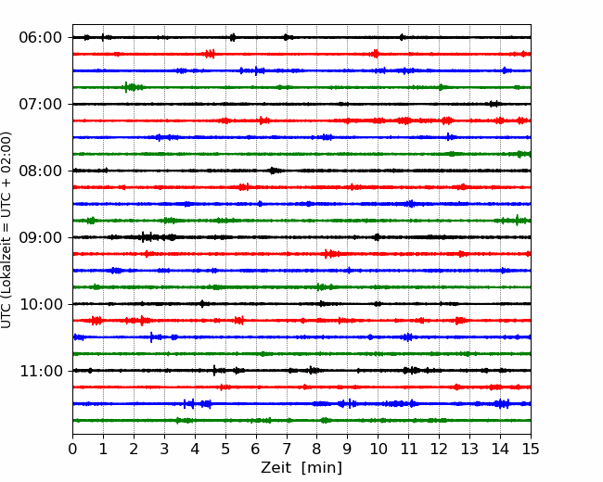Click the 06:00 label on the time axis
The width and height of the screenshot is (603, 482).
coord(40,38)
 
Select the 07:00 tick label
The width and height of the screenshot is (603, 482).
coord(40,104)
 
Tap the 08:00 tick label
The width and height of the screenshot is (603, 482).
coord(40,171)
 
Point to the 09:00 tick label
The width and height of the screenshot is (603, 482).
coord(40,237)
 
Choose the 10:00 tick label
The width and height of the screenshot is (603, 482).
coord(40,304)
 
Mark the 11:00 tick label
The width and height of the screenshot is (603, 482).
coord(40,371)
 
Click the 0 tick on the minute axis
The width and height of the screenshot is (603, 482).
coord(72,449)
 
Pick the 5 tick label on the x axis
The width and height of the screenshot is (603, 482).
coord(225,449)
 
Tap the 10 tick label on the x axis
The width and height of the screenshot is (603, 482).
coord(378,449)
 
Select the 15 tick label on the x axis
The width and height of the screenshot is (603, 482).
coord(531,449)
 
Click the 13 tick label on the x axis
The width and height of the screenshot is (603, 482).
coord(469,449)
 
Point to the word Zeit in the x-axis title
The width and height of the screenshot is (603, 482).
coord(276,467)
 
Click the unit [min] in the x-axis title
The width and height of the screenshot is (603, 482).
coord(322,468)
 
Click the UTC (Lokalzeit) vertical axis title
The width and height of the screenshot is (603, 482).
coord(6,230)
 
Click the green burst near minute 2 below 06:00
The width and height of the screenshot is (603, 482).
coord(132,87)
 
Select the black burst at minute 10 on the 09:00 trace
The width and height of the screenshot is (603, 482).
coord(377,237)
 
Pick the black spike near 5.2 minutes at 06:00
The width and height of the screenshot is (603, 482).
coord(233,37)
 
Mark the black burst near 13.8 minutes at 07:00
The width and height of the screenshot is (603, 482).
coord(494,104)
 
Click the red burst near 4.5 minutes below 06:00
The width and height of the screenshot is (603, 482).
coord(210,54)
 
